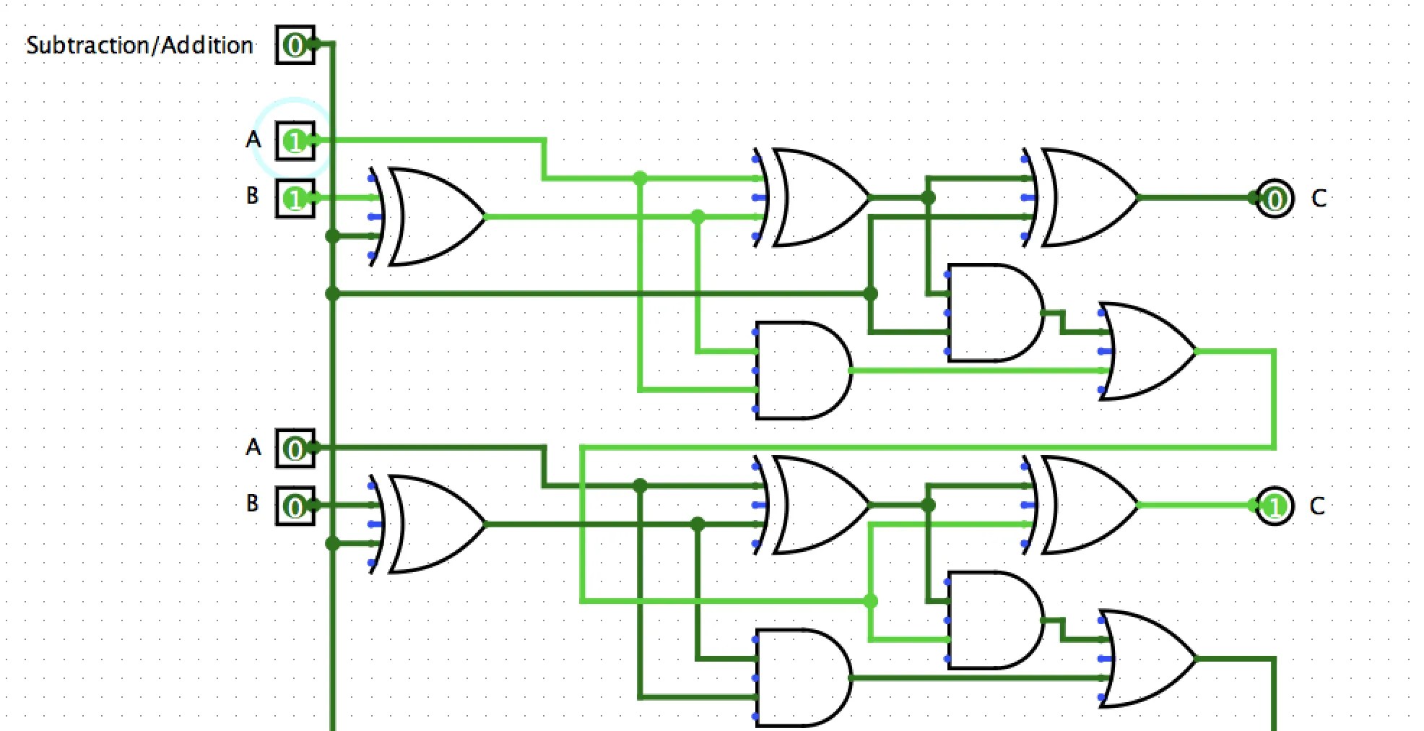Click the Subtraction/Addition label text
(x=139, y=46)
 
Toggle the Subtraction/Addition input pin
(x=295, y=46)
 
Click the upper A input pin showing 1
(x=295, y=141)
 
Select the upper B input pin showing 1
(x=295, y=198)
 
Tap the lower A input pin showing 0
(x=295, y=449)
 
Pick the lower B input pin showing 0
(x=295, y=506)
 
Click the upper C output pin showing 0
(x=1275, y=198)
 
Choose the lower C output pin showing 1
(x=1275, y=506)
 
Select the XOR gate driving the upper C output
(x=1083, y=197)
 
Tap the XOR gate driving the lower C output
(x=1083, y=505)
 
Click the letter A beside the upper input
(x=253, y=139)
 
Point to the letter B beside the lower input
(x=252, y=503)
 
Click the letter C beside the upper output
(x=1319, y=199)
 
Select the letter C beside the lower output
(x=1317, y=506)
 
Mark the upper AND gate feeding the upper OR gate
(x=993, y=313)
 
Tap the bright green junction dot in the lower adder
(x=871, y=601)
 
